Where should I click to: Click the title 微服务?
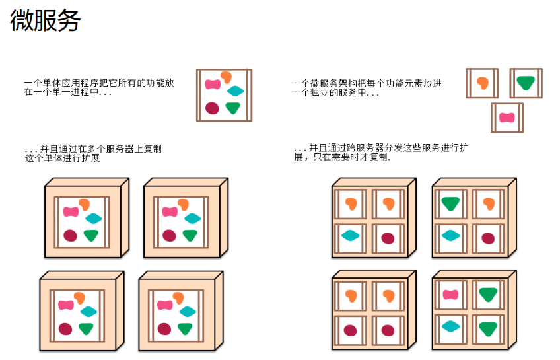pos(45,21)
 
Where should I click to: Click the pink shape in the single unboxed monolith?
pos(212,85)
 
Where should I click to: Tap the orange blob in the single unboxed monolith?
pos(226,77)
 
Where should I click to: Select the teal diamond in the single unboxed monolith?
pos(235,92)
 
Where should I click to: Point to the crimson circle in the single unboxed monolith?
pos(212,108)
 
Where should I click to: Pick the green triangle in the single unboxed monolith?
pos(232,108)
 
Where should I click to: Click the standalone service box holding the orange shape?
pos(482,83)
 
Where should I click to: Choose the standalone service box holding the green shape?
pos(526,83)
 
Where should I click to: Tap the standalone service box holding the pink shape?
pos(507,118)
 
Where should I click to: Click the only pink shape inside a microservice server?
pos(450,295)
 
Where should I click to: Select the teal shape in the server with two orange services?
pos(350,235)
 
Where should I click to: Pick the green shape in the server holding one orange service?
pos(450,203)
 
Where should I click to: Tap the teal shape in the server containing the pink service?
pos(450,326)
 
